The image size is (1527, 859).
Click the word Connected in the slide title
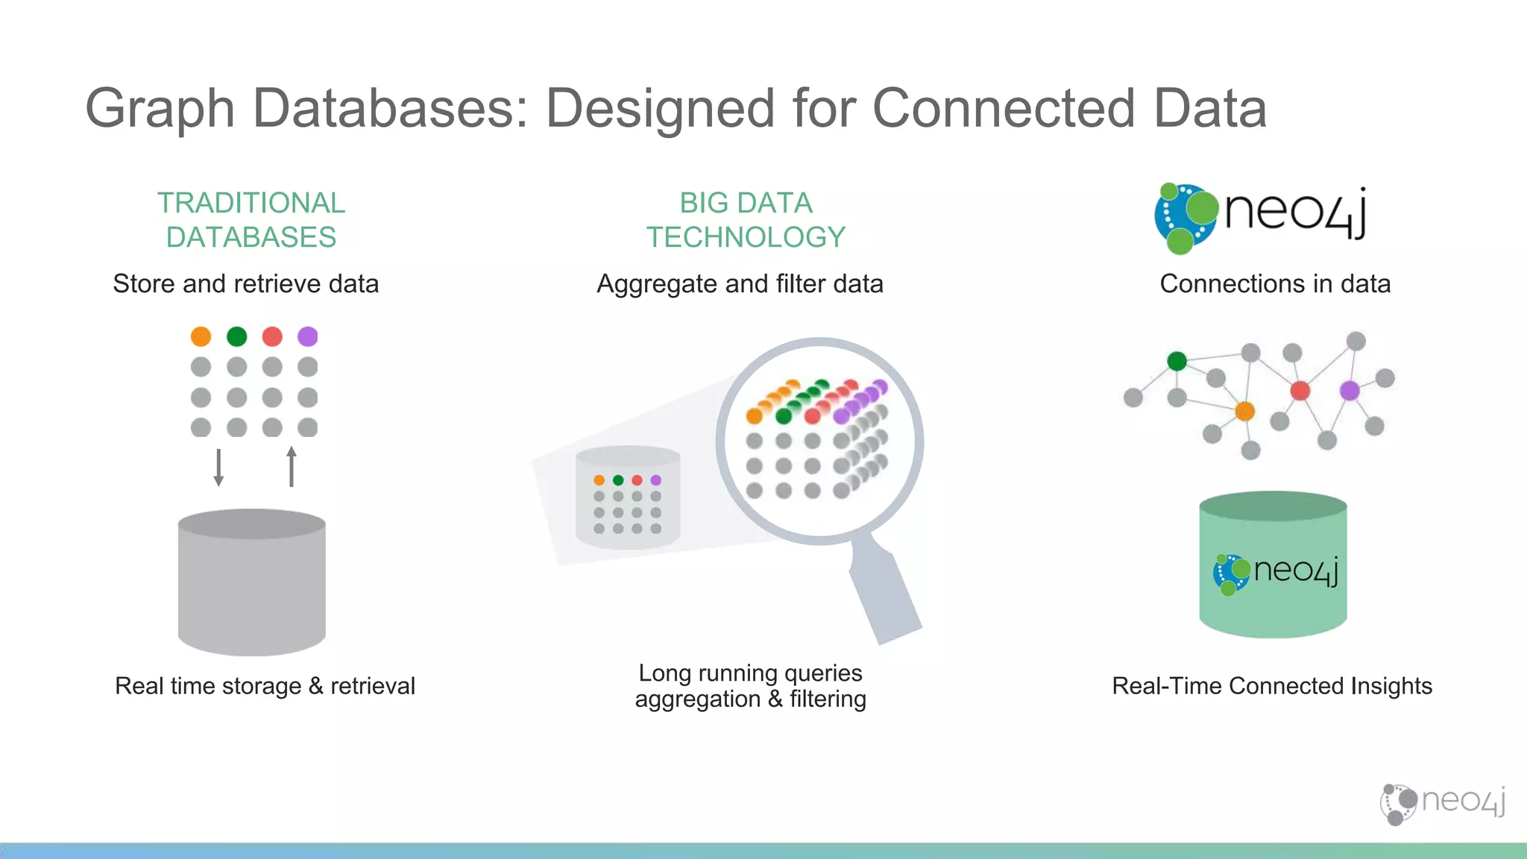pyautogui.click(x=1004, y=108)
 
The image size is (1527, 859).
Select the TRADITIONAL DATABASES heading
pyautogui.click(x=251, y=220)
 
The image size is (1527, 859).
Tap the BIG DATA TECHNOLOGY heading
pyautogui.click(x=746, y=220)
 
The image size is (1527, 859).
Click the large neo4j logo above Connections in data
pyautogui.click(x=1260, y=216)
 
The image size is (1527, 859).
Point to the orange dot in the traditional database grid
pyautogui.click(x=201, y=336)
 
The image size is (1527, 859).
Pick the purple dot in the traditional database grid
pyautogui.click(x=307, y=336)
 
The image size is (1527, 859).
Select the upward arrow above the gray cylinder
pyautogui.click(x=292, y=467)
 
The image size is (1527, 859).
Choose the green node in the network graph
pyautogui.click(x=1177, y=362)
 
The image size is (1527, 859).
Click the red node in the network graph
pyautogui.click(x=1300, y=390)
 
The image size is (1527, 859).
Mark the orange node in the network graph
pyautogui.click(x=1244, y=411)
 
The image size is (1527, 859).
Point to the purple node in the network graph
pyautogui.click(x=1350, y=390)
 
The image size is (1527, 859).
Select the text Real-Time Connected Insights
pyautogui.click(x=1272, y=686)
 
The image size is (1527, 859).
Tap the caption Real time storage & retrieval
pyautogui.click(x=265, y=686)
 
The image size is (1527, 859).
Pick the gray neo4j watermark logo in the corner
pyautogui.click(x=1443, y=803)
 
